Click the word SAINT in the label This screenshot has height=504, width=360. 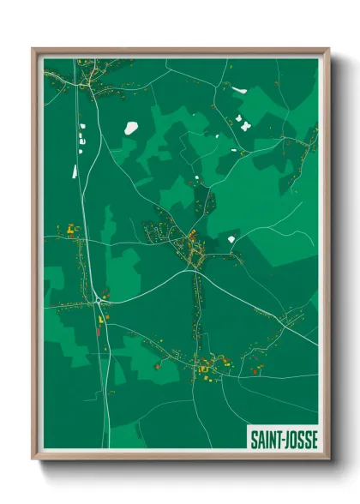(265, 440)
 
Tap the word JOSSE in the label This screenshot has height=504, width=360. (301, 440)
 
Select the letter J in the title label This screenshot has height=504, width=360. (288, 440)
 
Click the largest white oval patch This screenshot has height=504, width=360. (131, 128)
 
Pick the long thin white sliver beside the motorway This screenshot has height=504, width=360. (75, 171)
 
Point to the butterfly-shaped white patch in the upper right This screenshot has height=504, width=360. (244, 125)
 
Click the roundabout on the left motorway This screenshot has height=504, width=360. (100, 300)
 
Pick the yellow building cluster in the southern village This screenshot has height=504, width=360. (206, 369)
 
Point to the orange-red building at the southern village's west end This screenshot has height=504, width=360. (158, 364)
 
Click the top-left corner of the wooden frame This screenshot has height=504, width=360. (33, 49)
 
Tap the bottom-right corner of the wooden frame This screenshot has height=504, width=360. (328, 459)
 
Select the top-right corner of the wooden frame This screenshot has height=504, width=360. (328, 49)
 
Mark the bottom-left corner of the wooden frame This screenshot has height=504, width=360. (33, 459)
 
